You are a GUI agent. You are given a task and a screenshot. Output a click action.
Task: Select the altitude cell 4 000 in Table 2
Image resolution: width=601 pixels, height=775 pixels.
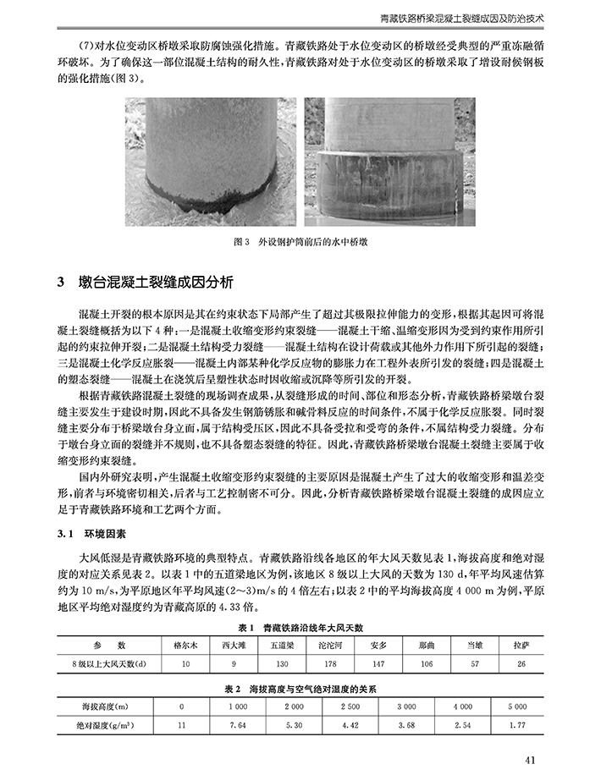tap(463, 705)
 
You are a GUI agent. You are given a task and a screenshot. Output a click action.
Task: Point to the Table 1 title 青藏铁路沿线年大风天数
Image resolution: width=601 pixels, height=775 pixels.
tap(300, 627)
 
